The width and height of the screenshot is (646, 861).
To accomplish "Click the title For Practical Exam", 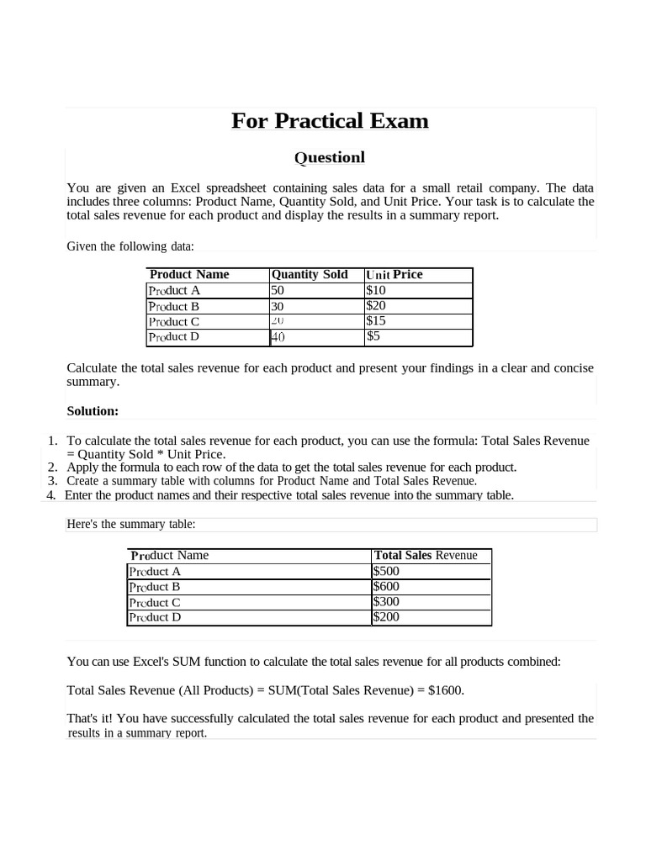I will click(x=330, y=121).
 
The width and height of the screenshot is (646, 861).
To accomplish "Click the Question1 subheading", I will click(x=329, y=157).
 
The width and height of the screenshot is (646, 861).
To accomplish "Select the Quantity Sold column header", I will click(x=309, y=274).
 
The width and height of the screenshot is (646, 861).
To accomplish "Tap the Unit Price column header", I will click(x=394, y=274).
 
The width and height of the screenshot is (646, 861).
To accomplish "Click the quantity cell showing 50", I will click(x=278, y=290).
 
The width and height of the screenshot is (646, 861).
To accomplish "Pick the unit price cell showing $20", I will click(x=376, y=306).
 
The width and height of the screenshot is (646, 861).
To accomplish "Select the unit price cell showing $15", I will click(x=376, y=321).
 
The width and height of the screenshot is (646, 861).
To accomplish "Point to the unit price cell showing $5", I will click(x=373, y=336).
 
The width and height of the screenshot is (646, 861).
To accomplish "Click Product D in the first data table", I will click(x=174, y=336).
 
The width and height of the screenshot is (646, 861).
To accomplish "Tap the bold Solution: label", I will click(x=93, y=411).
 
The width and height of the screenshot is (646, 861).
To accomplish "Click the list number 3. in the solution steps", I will click(x=52, y=481).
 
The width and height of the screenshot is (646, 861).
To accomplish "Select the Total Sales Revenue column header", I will click(x=426, y=556).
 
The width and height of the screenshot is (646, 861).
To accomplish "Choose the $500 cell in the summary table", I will click(x=386, y=571).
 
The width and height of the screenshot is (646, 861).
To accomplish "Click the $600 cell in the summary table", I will click(x=386, y=586).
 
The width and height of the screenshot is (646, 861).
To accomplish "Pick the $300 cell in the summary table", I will click(x=386, y=602).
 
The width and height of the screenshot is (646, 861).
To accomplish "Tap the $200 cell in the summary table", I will click(x=386, y=617).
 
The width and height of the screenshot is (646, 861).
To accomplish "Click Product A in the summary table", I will click(x=155, y=571).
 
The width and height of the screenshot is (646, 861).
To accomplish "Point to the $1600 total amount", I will click(x=445, y=690).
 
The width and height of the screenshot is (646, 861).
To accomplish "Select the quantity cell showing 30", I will click(x=278, y=307).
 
